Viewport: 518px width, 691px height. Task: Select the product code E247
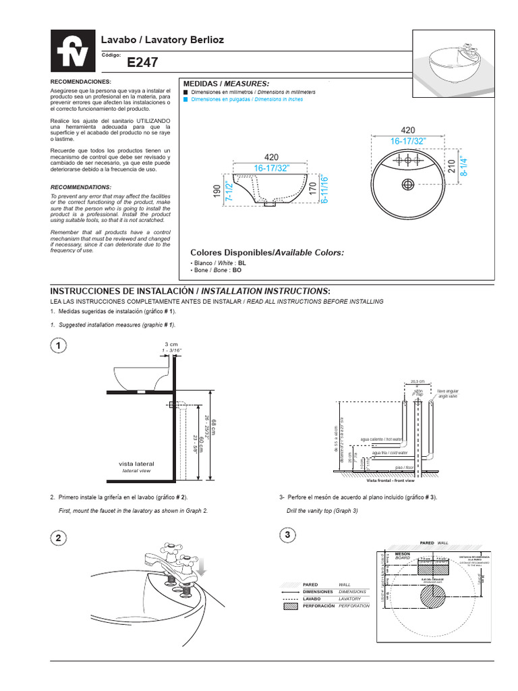click(x=142, y=63)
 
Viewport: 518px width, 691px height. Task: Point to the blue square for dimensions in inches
click(x=186, y=99)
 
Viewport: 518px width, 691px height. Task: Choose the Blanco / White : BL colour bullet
click(x=219, y=262)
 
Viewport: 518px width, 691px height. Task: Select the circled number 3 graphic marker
click(x=288, y=534)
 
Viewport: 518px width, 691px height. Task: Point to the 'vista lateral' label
click(x=137, y=464)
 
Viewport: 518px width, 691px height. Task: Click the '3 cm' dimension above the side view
click(x=171, y=345)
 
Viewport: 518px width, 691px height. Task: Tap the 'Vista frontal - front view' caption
click(x=390, y=481)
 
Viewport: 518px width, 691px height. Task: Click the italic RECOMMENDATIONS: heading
click(x=82, y=187)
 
